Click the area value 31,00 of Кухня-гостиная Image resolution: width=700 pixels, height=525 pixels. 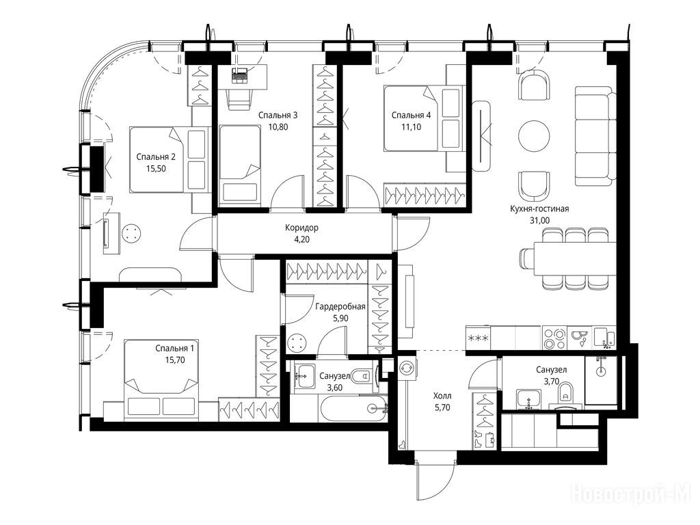click(x=539, y=220)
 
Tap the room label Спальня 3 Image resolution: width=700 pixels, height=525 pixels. click(x=278, y=115)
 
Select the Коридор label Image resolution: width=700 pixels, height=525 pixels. click(x=301, y=228)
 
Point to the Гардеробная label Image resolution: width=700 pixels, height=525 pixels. click(x=340, y=307)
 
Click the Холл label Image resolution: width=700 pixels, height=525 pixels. click(x=442, y=396)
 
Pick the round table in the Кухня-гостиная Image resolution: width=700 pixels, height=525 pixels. click(x=534, y=136)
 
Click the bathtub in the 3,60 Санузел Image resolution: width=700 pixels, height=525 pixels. click(x=354, y=408)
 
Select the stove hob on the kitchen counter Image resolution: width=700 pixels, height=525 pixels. click(x=554, y=338)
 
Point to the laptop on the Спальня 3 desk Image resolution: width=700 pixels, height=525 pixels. click(x=240, y=75)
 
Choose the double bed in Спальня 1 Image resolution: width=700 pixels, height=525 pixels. click(x=161, y=379)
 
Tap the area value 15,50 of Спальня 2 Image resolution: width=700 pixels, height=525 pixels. click(x=156, y=168)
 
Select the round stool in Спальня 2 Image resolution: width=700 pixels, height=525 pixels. click(x=131, y=233)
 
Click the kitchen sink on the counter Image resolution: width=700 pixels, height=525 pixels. click(x=605, y=338)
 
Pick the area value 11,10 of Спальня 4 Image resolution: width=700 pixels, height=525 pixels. click(x=411, y=126)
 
